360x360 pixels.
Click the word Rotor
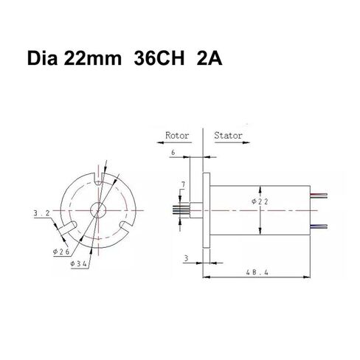coord(177,136)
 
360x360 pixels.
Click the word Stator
coord(228,136)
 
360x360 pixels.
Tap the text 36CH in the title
coord(159,58)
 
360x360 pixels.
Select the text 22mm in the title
coord(93,58)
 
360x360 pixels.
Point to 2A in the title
coord(210,58)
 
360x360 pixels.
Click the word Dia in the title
coord(42,58)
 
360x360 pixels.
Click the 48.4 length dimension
coord(257,272)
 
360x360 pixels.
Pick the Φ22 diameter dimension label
coord(260,201)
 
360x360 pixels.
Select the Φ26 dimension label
coord(61,252)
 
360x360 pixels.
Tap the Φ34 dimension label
coord(78,264)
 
